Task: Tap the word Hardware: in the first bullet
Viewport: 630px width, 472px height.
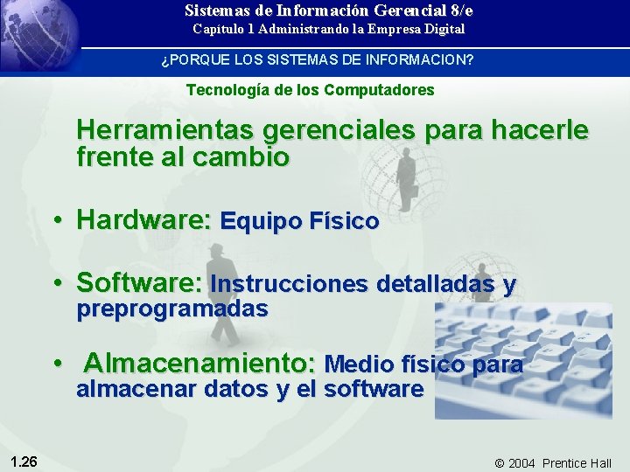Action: [x=143, y=220]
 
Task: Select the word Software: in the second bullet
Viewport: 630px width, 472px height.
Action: [x=140, y=283]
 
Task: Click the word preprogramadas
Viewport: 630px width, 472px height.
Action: [x=172, y=309]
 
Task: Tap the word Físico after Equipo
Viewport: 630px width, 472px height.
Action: [x=346, y=222]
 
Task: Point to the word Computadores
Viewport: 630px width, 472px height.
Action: [x=379, y=90]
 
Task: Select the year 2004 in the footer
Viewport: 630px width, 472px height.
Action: [x=521, y=462]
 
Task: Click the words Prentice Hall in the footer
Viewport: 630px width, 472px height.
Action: [x=577, y=462]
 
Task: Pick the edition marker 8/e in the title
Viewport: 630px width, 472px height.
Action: [x=458, y=10]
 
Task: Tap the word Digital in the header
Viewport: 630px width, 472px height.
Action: [x=444, y=29]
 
